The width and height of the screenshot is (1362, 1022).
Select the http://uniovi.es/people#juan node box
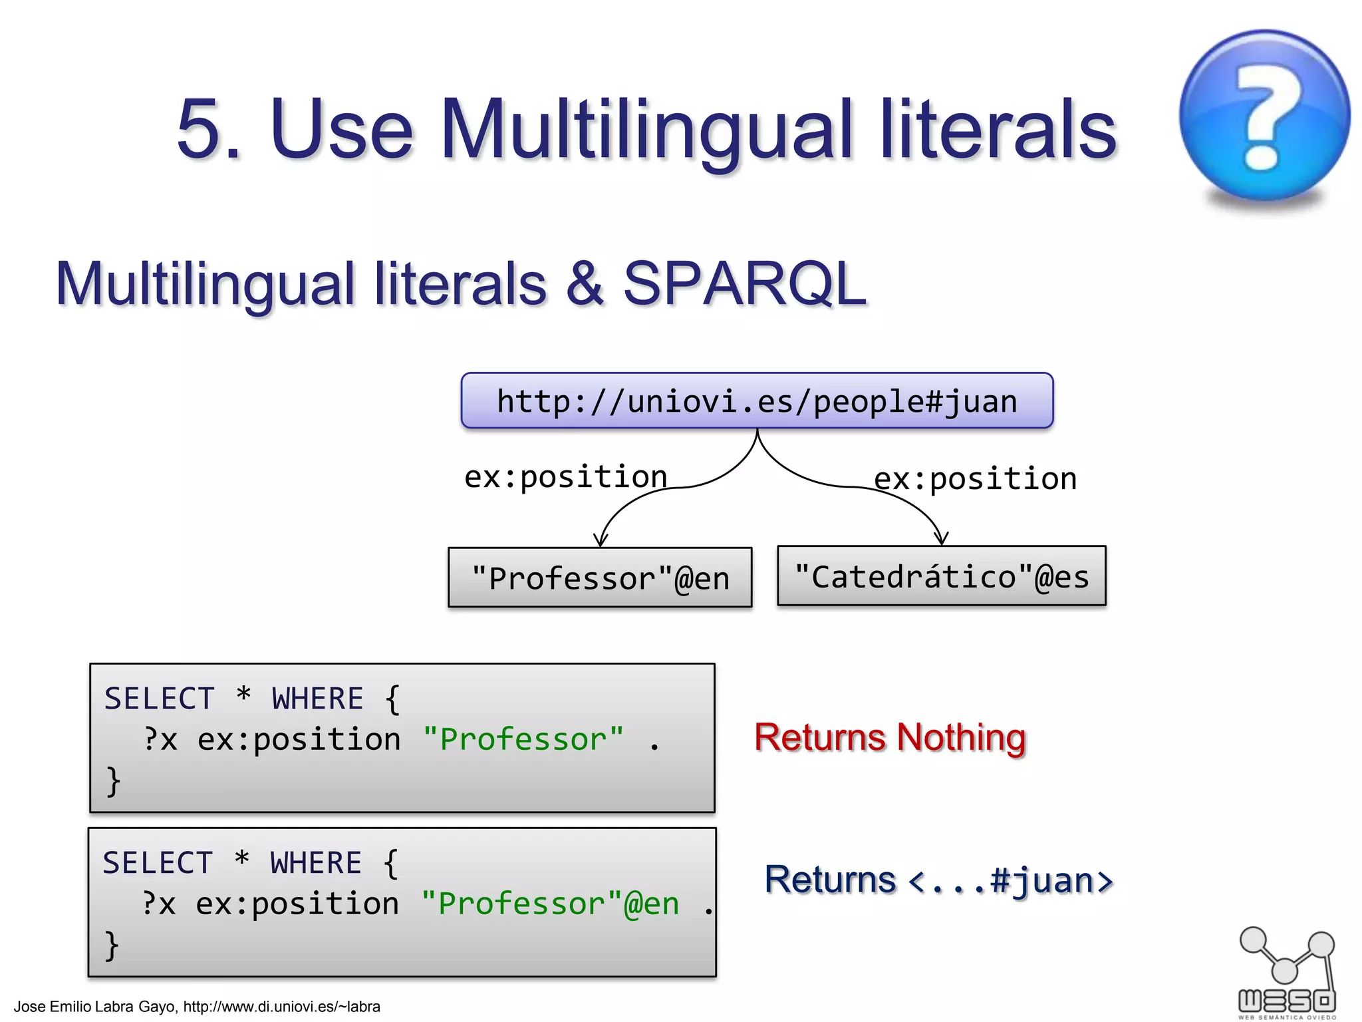tap(757, 401)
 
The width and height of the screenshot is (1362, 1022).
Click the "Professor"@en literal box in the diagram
tap(600, 578)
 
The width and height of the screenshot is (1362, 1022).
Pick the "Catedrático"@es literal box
tap(941, 576)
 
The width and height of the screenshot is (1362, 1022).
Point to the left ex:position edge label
tap(565, 477)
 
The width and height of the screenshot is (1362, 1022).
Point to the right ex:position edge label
tap(975, 479)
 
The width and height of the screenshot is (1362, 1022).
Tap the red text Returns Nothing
tap(890, 737)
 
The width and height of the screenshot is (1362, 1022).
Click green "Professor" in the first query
tap(523, 739)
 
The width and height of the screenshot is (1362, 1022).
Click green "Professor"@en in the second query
tap(550, 904)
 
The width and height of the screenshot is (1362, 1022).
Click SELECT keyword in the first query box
tap(160, 699)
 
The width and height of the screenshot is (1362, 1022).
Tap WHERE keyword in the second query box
tap(316, 863)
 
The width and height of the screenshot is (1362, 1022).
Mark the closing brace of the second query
tap(112, 945)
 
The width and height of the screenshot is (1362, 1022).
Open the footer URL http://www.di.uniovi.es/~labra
tap(281, 1007)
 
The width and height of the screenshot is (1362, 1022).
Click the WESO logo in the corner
tap(1287, 971)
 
